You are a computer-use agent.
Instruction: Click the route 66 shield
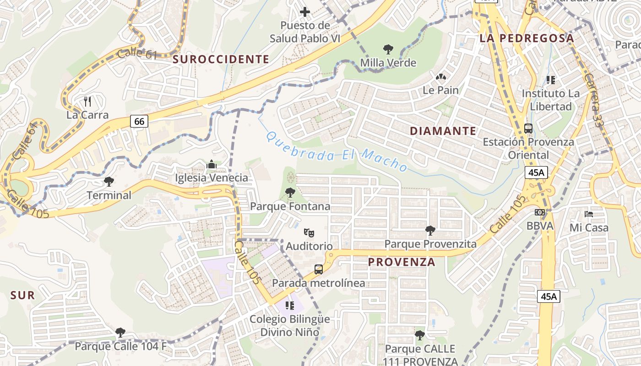[x=140, y=121]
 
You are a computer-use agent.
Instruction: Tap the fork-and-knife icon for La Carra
[x=87, y=101]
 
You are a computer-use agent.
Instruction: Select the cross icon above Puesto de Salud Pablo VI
[x=305, y=11]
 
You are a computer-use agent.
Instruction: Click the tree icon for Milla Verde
[x=388, y=49]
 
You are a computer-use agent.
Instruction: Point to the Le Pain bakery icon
[x=440, y=77]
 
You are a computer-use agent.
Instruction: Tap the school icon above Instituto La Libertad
[x=550, y=80]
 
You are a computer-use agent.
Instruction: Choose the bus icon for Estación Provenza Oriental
[x=528, y=128]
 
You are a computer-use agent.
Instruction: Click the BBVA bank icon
[x=540, y=212]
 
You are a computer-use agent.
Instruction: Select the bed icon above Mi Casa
[x=589, y=214]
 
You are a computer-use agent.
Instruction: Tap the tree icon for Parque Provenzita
[x=430, y=230]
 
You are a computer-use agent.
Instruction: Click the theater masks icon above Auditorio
[x=309, y=233]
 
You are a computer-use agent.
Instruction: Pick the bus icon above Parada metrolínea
[x=318, y=269]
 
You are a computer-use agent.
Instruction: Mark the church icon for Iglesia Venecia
[x=211, y=164]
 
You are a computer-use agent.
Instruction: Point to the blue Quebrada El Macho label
[x=337, y=151]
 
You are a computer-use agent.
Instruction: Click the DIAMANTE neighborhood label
[x=443, y=131]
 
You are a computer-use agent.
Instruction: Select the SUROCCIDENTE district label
[x=221, y=59]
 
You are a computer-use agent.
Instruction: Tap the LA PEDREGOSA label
[x=527, y=38]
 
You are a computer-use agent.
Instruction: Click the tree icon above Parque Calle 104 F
[x=120, y=332]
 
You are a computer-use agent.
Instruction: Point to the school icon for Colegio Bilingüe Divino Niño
[x=289, y=305]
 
